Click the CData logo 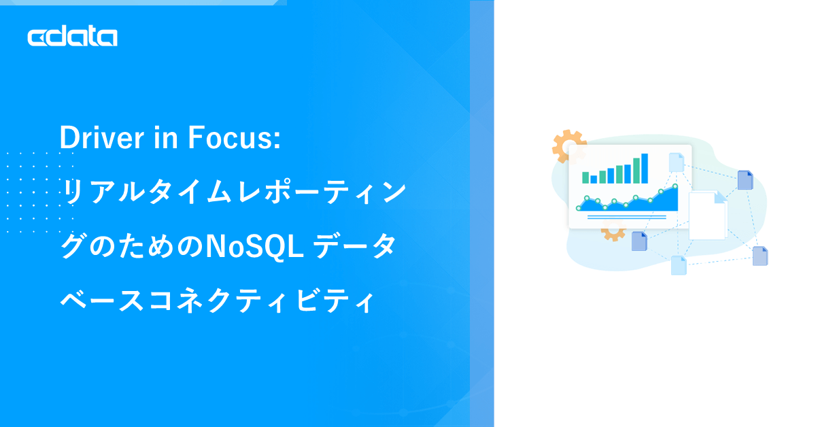click(73, 36)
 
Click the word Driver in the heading click(101, 137)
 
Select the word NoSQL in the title click(255, 246)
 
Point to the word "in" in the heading click(166, 137)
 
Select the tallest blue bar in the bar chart click(645, 169)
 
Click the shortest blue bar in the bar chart click(594, 180)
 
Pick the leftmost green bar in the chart click(585, 177)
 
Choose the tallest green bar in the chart click(636, 171)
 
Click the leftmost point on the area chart click(579, 208)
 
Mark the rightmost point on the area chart click(675, 186)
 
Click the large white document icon click(707, 216)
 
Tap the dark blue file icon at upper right click(745, 180)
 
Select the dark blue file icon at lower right click(760, 256)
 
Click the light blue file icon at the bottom click(679, 265)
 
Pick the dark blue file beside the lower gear click(639, 241)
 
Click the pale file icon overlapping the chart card click(676, 163)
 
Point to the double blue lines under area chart click(627, 217)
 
